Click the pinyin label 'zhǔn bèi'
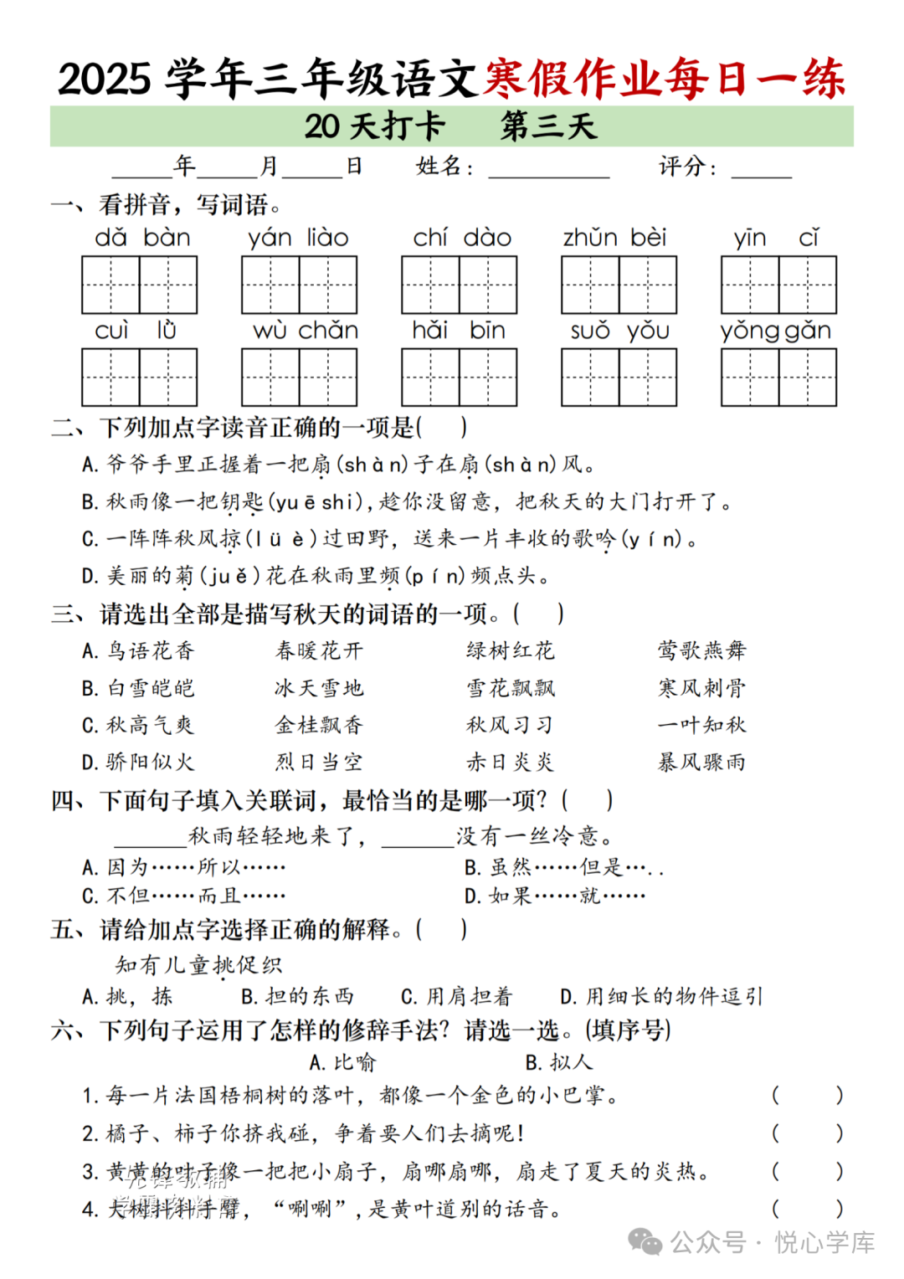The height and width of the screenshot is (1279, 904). (614, 239)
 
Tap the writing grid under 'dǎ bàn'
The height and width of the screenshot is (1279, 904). (139, 285)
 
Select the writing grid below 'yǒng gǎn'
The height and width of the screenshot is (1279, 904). (778, 378)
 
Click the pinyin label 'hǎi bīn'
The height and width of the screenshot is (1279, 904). (459, 331)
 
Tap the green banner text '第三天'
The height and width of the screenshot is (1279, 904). (548, 126)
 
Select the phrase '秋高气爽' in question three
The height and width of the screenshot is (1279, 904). (151, 725)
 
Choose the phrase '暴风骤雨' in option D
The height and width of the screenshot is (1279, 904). (701, 762)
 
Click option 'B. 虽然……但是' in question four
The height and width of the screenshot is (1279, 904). (563, 867)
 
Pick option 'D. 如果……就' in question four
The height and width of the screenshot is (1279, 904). (554, 896)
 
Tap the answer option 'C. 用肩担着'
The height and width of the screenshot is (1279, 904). (456, 996)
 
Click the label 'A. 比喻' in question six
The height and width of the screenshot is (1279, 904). (342, 1062)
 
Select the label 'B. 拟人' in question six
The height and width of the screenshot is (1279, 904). (559, 1062)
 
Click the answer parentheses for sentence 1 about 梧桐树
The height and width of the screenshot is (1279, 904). (807, 1095)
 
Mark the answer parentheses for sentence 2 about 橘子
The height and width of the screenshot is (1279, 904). (807, 1133)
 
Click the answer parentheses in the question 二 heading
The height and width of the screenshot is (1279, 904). (441, 428)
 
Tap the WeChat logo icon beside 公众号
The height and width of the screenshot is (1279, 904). (645, 1242)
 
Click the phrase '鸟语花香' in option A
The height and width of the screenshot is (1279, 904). (151, 650)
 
